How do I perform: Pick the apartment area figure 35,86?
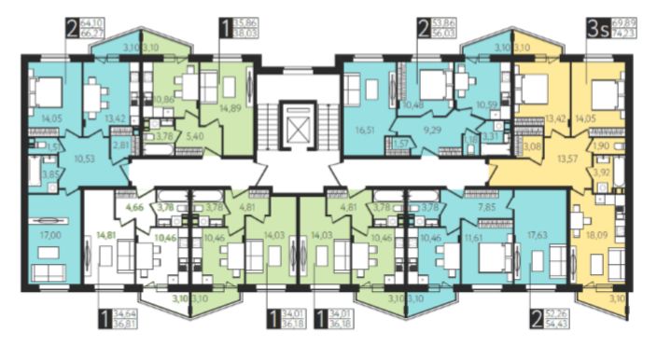point(247,23)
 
